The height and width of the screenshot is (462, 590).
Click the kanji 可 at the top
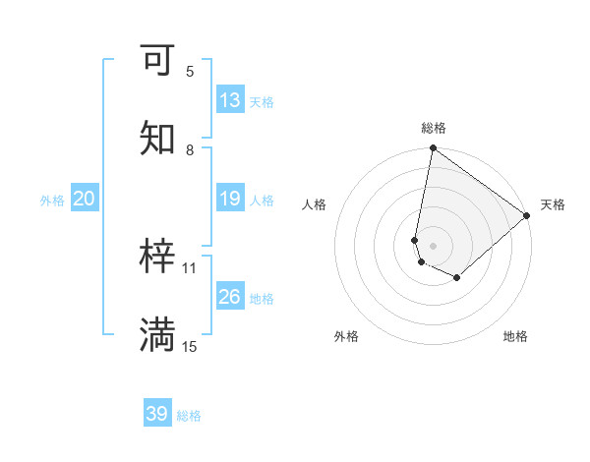pos(157,61)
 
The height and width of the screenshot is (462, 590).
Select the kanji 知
pos(157,139)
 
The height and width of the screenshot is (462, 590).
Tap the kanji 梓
pos(157,257)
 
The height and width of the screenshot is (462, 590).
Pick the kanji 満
pos(157,335)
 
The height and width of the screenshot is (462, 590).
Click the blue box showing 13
pos(230,100)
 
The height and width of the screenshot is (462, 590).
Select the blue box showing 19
pos(230,199)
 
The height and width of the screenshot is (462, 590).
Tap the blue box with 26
pos(230,297)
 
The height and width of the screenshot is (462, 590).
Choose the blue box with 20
pos(85,199)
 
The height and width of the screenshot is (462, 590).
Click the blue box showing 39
pos(157,414)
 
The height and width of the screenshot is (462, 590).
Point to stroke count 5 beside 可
pos(190,71)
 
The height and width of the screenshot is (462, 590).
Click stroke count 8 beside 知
pos(190,149)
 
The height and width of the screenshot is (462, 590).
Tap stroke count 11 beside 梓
pos(190,267)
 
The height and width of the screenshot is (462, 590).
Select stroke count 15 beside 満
pos(190,346)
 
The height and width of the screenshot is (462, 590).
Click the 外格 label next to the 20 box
pos(52,200)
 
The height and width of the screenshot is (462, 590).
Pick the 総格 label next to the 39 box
pos(189,416)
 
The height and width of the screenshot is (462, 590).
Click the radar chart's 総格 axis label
pos(434,128)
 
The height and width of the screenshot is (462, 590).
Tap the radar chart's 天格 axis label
pos(553,204)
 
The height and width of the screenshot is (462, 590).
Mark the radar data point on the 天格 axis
pos(527,215)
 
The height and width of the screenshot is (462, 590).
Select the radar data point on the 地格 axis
pos(457,278)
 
